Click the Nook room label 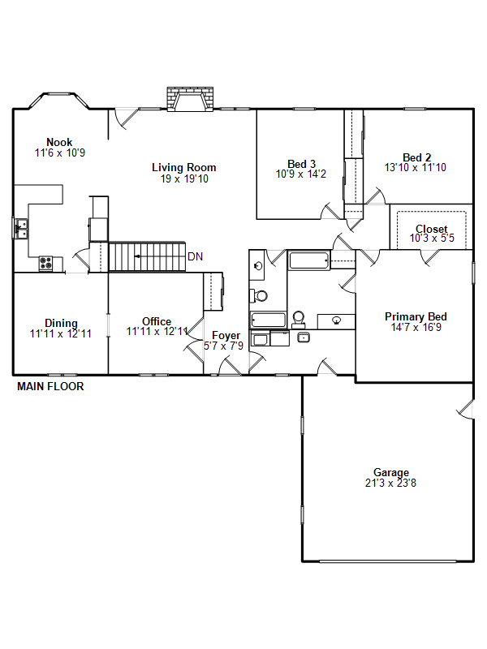coord(59,143)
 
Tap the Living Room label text coord(184,168)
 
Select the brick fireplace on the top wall coord(190,99)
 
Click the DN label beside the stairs coord(195,256)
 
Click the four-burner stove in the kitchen coord(46,263)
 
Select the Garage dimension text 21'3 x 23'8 coord(390,483)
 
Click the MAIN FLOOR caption coord(50,387)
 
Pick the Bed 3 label coord(301,164)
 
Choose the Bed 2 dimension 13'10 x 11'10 coord(416,167)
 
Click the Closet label coord(432,229)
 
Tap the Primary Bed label coord(416,316)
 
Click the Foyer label coord(226,336)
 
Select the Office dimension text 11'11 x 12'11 coord(157,332)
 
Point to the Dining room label coord(62,323)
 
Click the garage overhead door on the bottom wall coord(388,561)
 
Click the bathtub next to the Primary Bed coord(309,260)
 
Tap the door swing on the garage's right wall coord(465,410)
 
